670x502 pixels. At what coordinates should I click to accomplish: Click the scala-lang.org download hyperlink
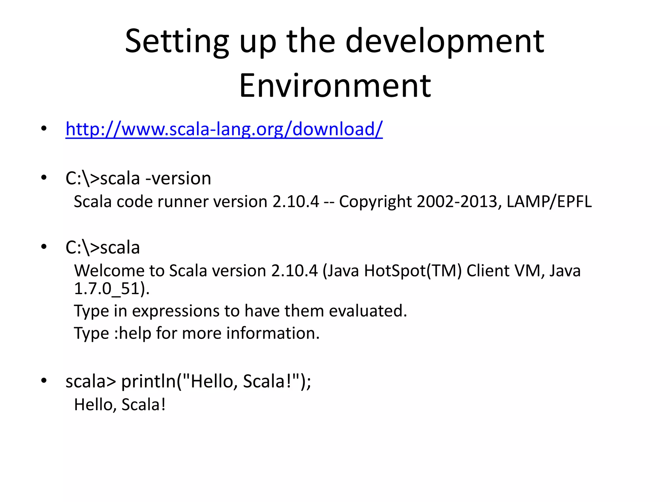[x=224, y=129]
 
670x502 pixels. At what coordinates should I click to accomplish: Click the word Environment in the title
[x=335, y=86]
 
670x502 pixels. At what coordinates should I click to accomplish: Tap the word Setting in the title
[x=177, y=42]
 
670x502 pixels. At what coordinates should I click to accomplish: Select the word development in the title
[x=445, y=42]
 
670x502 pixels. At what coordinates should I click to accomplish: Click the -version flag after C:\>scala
[x=178, y=178]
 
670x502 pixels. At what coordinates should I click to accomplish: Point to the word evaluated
[x=368, y=311]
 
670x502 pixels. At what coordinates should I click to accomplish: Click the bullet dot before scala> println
[x=44, y=381]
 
